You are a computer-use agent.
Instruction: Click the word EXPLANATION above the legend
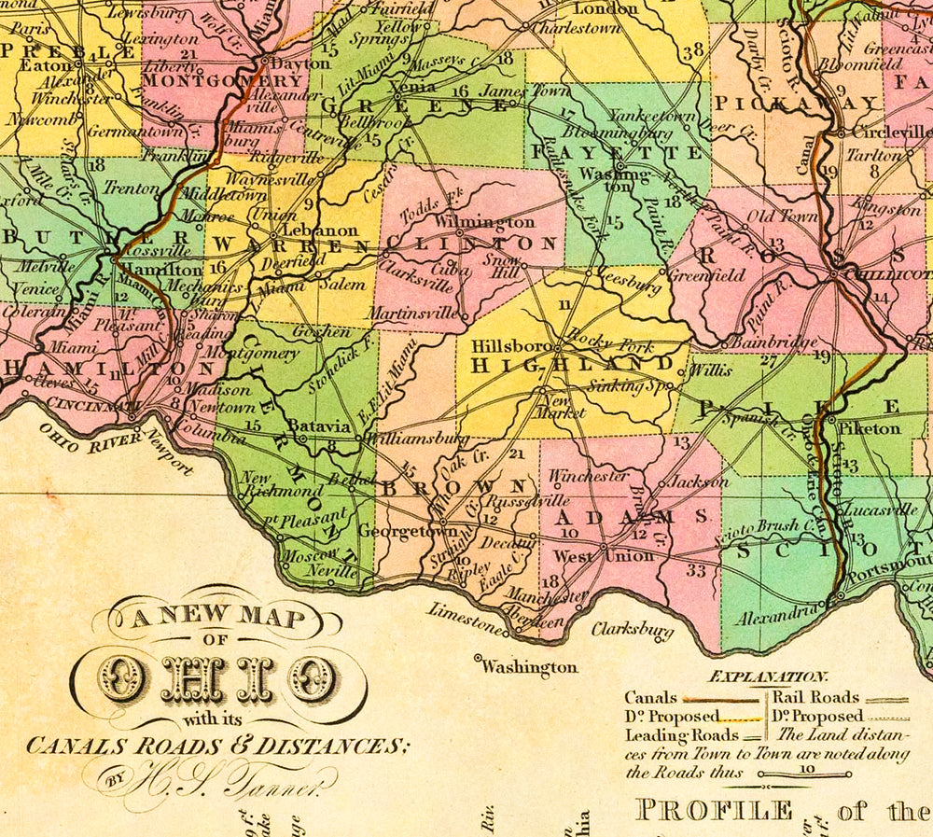768,677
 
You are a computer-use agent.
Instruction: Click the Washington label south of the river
530,667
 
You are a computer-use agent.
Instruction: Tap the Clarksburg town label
632,630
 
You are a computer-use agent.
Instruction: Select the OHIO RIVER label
87,435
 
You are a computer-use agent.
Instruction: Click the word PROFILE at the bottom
714,809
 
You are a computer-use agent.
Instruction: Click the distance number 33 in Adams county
696,570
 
